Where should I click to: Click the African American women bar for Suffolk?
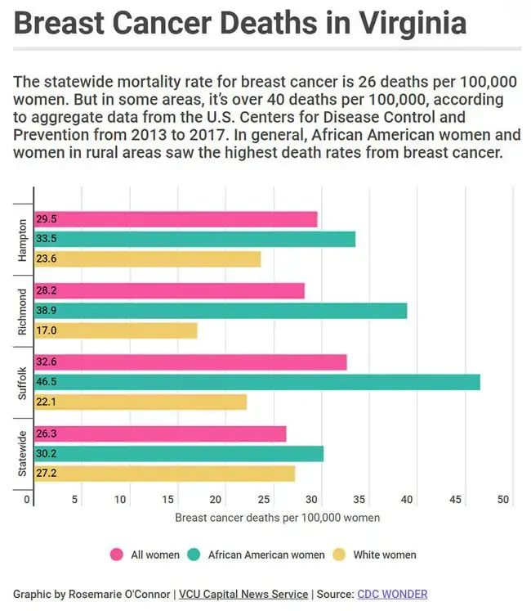(x=257, y=382)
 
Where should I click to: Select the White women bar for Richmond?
(x=115, y=330)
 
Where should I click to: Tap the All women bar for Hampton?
(x=176, y=219)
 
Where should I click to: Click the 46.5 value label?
(x=47, y=382)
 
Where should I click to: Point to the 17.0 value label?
(x=47, y=330)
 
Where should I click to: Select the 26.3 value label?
(x=47, y=434)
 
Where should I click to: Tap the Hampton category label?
(x=22, y=239)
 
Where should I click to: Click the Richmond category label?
(x=22, y=311)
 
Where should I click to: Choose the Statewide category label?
(x=22, y=453)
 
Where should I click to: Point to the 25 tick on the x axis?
(x=264, y=500)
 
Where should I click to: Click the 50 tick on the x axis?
(x=503, y=500)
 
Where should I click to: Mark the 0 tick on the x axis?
(x=28, y=500)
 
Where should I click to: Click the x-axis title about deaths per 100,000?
(x=277, y=518)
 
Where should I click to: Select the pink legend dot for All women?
(x=116, y=555)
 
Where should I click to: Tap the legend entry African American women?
(x=265, y=555)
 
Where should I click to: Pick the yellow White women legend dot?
(x=338, y=555)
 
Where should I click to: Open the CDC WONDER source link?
(x=392, y=595)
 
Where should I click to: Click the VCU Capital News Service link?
(x=243, y=595)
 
